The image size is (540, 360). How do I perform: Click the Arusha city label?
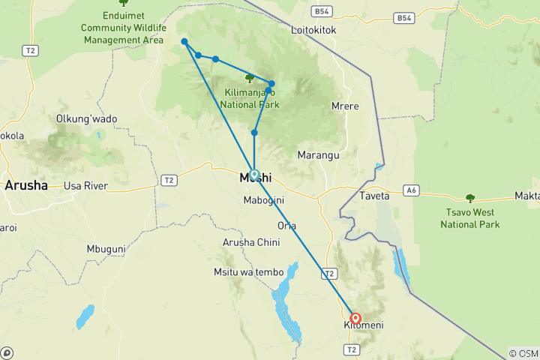pyautogui.click(x=26, y=185)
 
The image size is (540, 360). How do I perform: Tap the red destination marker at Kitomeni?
pyautogui.click(x=355, y=318)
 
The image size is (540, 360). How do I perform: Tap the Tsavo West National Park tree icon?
pyautogui.click(x=470, y=199)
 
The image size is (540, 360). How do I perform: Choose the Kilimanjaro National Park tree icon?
pyautogui.click(x=250, y=78)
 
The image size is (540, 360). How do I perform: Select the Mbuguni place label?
pyautogui.click(x=106, y=248)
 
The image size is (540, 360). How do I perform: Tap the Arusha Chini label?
pyautogui.click(x=251, y=242)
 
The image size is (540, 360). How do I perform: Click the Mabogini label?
pyautogui.click(x=262, y=201)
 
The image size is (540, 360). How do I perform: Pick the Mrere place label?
pyautogui.click(x=345, y=106)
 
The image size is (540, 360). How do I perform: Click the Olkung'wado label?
pyautogui.click(x=87, y=118)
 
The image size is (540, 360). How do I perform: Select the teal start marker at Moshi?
pyautogui.click(x=254, y=174)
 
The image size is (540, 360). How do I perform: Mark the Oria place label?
pyautogui.click(x=286, y=225)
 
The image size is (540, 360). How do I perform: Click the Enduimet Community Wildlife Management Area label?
pyautogui.click(x=122, y=28)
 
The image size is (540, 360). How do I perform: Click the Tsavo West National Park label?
pyautogui.click(x=469, y=218)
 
